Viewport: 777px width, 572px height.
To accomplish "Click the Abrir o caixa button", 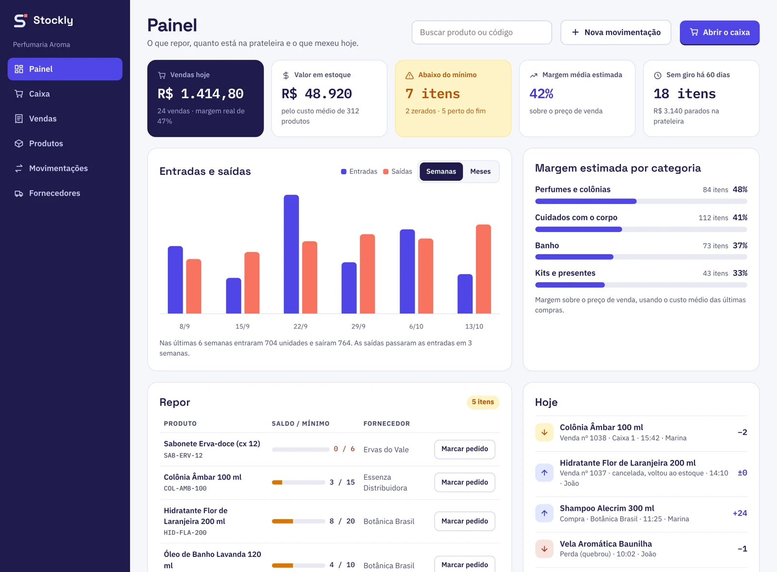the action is click(719, 32).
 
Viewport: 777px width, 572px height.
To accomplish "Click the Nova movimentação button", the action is click(616, 32).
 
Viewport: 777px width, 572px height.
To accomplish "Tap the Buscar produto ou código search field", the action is click(481, 32).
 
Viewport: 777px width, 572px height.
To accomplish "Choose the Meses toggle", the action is click(480, 171).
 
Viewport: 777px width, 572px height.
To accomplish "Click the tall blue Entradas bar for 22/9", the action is click(291, 254).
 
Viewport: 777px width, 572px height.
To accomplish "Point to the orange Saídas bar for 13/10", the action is click(483, 269).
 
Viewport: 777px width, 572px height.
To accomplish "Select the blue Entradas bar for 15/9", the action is click(234, 296).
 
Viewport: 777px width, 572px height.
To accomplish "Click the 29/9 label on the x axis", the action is click(358, 326).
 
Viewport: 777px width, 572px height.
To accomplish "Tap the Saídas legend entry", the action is click(398, 171).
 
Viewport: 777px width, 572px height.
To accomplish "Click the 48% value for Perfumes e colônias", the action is click(740, 189).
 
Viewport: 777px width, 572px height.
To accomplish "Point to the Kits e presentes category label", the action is click(565, 273).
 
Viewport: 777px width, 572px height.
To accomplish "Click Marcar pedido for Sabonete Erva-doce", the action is click(464, 449).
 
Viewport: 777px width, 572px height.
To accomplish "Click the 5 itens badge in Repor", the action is click(483, 402).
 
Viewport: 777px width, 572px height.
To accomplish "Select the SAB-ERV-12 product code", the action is click(183, 455).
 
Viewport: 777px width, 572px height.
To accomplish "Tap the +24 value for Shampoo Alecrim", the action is click(740, 513).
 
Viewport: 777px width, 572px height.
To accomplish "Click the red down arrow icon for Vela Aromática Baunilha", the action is click(544, 549).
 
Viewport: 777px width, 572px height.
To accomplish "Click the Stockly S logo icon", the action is click(20, 20).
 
